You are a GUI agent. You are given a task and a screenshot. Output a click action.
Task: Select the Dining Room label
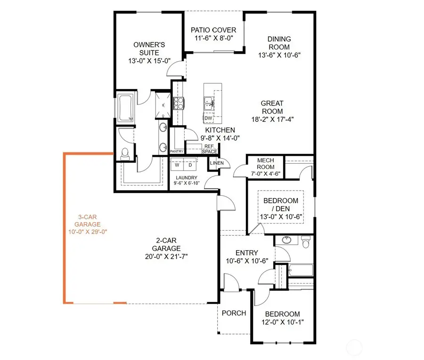279,43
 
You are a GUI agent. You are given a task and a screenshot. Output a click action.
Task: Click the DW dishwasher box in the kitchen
208,118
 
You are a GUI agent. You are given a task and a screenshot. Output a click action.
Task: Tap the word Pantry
176,151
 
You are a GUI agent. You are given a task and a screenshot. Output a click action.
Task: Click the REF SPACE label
210,149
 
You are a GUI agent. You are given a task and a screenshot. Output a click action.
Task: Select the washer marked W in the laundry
178,165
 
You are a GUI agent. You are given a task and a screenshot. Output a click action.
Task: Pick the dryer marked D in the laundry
190,165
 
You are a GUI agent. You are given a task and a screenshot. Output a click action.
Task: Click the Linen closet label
216,163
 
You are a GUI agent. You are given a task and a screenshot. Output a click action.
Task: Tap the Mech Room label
266,164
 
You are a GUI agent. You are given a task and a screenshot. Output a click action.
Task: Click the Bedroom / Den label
280,205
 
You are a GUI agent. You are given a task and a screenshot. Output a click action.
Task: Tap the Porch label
234,313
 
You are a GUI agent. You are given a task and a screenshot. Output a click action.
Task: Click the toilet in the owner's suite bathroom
125,153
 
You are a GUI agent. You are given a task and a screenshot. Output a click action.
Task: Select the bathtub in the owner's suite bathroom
126,108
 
